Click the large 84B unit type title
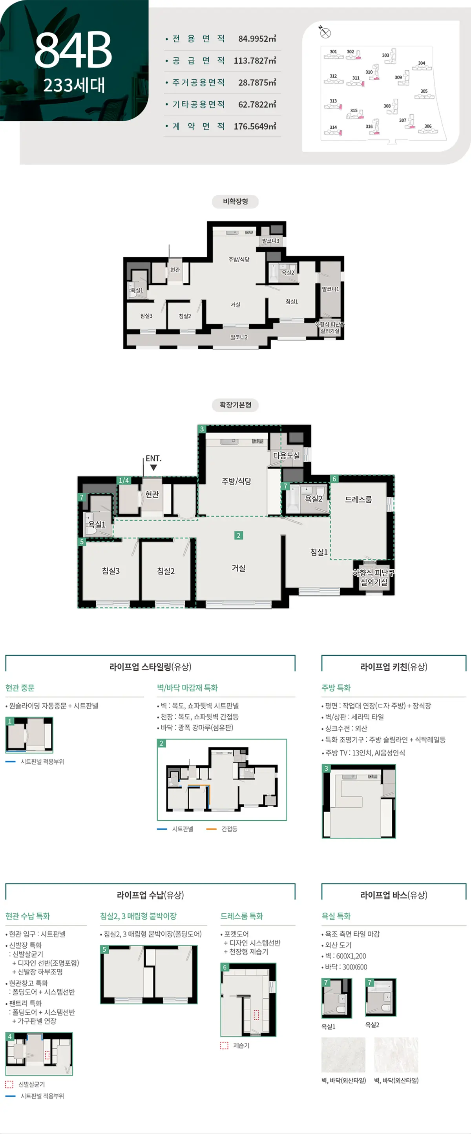tap(73, 50)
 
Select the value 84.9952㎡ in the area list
tap(257, 39)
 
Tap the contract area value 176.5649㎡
tap(255, 126)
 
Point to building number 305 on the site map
tap(424, 91)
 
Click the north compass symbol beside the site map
tap(325, 32)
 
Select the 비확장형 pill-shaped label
tap(235, 201)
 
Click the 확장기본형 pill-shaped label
tap(235, 405)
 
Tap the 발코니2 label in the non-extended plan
tap(239, 337)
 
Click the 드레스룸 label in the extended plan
tap(358, 499)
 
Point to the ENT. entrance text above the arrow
tap(153, 458)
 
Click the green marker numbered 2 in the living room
tap(239, 535)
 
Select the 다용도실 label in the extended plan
tap(286, 455)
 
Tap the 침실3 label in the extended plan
tap(110, 571)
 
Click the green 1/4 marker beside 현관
tap(124, 480)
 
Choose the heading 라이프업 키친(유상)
tap(394, 666)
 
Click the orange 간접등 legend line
tap(211, 829)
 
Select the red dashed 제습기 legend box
tap(225, 1046)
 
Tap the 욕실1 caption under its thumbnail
tap(329, 1026)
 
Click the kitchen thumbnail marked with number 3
tap(359, 801)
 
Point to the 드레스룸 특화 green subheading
tap(242, 916)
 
